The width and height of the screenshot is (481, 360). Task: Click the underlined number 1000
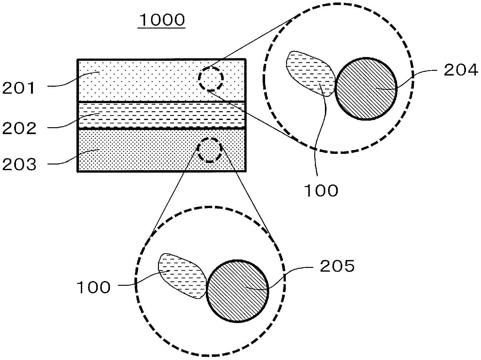pos(162,20)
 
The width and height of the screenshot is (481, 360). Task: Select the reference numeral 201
pos(18,88)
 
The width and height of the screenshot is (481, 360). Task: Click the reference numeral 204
pos(461,70)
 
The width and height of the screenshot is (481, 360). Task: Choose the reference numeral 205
pos(337,266)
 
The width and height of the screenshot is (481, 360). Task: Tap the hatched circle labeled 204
pos(366,89)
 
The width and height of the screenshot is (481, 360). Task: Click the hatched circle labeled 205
pos(238,291)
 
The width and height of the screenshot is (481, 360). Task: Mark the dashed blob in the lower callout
pos(182,276)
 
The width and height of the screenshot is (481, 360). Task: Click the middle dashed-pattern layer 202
pos(161,115)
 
